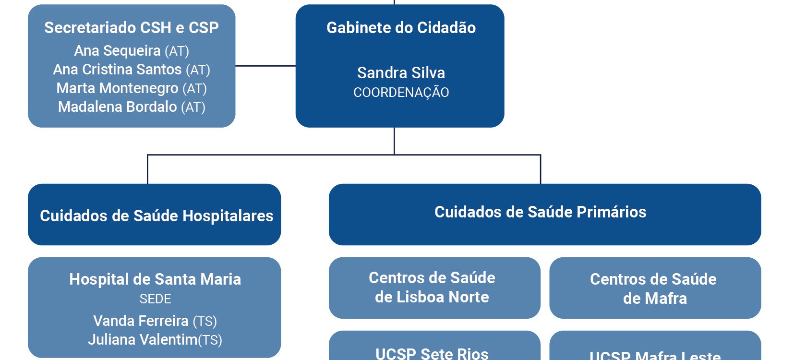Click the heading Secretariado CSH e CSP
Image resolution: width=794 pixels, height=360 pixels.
click(131, 28)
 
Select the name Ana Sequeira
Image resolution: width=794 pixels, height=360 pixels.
click(117, 50)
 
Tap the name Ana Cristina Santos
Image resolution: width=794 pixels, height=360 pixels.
click(117, 70)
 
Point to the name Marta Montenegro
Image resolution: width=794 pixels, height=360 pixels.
click(117, 88)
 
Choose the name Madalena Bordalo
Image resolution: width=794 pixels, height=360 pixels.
click(117, 107)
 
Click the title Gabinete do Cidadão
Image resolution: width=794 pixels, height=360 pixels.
click(401, 28)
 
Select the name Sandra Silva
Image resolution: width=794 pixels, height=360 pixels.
click(401, 73)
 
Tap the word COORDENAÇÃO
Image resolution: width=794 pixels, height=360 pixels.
click(401, 92)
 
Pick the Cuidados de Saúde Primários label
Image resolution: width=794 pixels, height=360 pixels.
click(540, 212)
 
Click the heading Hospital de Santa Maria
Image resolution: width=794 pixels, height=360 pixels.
click(155, 279)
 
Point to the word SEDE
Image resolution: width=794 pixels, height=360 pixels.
click(155, 299)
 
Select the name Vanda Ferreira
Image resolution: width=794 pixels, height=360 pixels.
click(141, 321)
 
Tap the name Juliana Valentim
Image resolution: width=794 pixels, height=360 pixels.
click(143, 340)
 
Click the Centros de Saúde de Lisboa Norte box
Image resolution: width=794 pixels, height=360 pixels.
click(432, 288)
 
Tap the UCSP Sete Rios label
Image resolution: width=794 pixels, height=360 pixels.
click(432, 354)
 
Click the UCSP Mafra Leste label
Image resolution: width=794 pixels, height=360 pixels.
click(655, 356)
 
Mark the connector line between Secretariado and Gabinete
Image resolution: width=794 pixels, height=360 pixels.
click(265, 66)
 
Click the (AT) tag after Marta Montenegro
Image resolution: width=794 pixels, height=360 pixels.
click(194, 89)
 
